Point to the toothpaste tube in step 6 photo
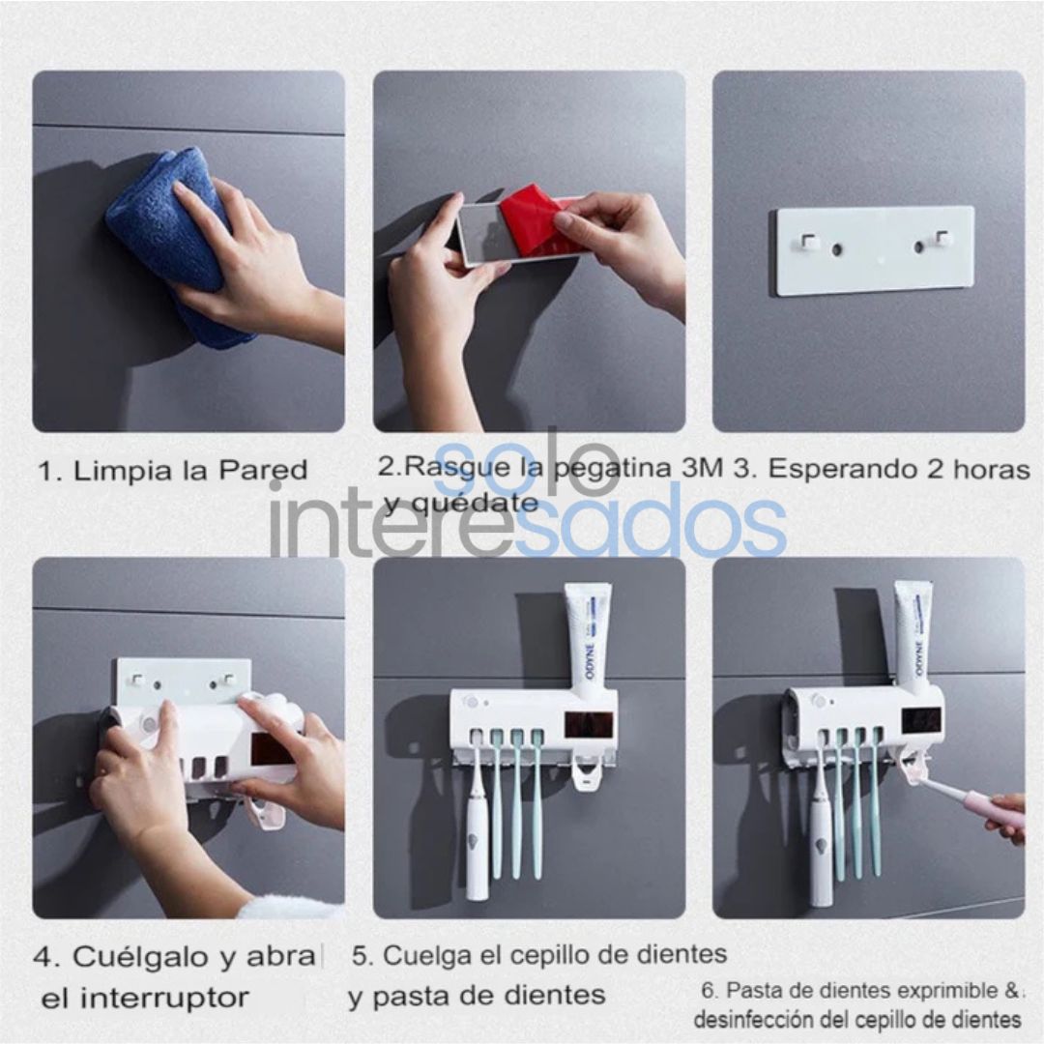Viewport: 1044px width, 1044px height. [913, 633]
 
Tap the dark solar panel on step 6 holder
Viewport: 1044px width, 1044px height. [919, 720]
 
